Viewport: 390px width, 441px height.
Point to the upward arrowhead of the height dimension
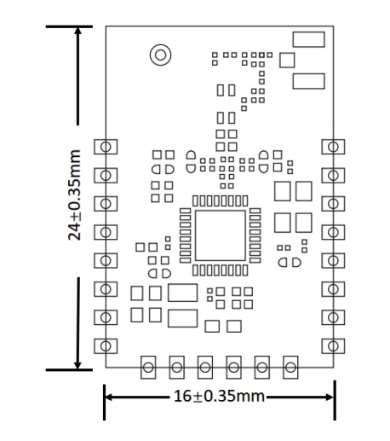pyautogui.click(x=79, y=32)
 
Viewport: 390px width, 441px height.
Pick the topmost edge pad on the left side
pyautogui.click(x=106, y=146)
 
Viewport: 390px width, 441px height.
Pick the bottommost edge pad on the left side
pyautogui.click(x=106, y=345)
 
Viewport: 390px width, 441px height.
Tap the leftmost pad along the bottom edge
pyautogui.click(x=148, y=368)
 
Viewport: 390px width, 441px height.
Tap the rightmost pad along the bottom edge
pyautogui.click(x=290, y=368)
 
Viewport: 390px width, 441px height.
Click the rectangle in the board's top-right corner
pyautogui.click(x=307, y=40)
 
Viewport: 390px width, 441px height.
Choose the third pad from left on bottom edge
pyautogui.click(x=205, y=368)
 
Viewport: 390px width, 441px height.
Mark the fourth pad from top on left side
pyautogui.click(x=106, y=231)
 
